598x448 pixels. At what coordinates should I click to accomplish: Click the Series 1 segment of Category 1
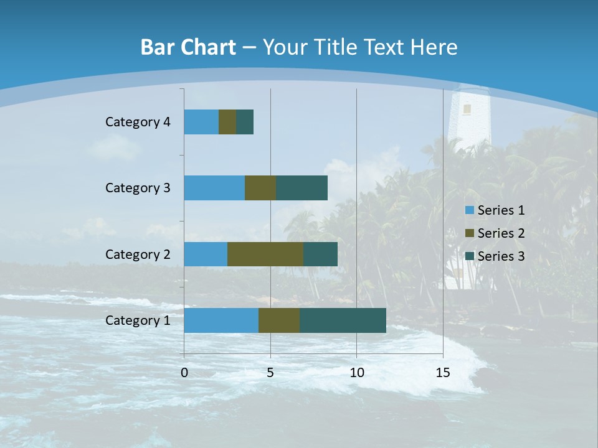pos(221,320)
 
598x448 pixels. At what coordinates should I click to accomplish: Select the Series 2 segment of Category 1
pos(279,320)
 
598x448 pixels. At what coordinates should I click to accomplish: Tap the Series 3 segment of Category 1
pos(343,320)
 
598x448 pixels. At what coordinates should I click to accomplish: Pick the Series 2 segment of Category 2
pos(265,254)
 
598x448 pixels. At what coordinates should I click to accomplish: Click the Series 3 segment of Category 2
pos(320,254)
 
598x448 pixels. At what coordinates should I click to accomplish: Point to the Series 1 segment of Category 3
pos(214,188)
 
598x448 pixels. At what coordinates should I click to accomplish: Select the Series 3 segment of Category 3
pos(301,188)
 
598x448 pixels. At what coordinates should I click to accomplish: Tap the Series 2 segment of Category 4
pos(227,122)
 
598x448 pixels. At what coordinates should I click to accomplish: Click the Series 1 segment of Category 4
pos(201,122)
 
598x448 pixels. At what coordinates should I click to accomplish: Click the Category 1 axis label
pos(138,320)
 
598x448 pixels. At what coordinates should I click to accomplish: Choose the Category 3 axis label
pos(138,188)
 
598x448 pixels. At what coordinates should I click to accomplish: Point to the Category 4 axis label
pos(138,122)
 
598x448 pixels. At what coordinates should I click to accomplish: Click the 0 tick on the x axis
pos(184,373)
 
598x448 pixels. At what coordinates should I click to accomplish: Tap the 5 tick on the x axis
pos(270,373)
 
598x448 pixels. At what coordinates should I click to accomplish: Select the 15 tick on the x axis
pos(443,373)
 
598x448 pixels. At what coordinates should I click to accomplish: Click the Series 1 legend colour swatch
pos(469,210)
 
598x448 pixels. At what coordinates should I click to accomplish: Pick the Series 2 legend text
pos(501,233)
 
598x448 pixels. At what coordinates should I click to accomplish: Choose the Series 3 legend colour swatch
pos(469,256)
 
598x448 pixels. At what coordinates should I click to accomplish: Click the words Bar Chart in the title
pos(187,47)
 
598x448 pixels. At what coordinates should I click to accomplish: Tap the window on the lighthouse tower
pos(467,110)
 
